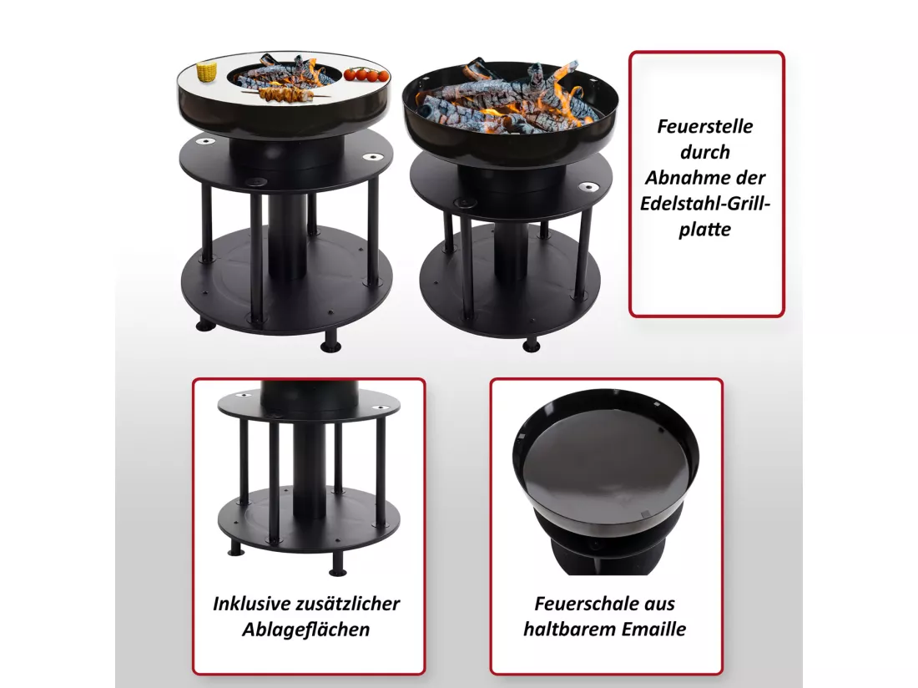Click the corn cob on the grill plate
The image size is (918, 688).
click(x=205, y=72)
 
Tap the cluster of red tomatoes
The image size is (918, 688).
click(x=366, y=74)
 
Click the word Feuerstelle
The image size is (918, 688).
click(x=705, y=126)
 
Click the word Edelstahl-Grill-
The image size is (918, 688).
click(x=705, y=203)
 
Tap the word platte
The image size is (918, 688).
click(x=705, y=229)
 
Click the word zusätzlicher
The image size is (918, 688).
click(x=348, y=603)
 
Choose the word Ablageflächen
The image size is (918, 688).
click(x=306, y=630)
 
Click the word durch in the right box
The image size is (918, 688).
click(x=705, y=152)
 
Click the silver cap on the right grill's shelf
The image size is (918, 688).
click(x=588, y=187)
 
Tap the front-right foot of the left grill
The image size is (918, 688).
click(x=330, y=341)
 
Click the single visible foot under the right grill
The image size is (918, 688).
click(x=531, y=345)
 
